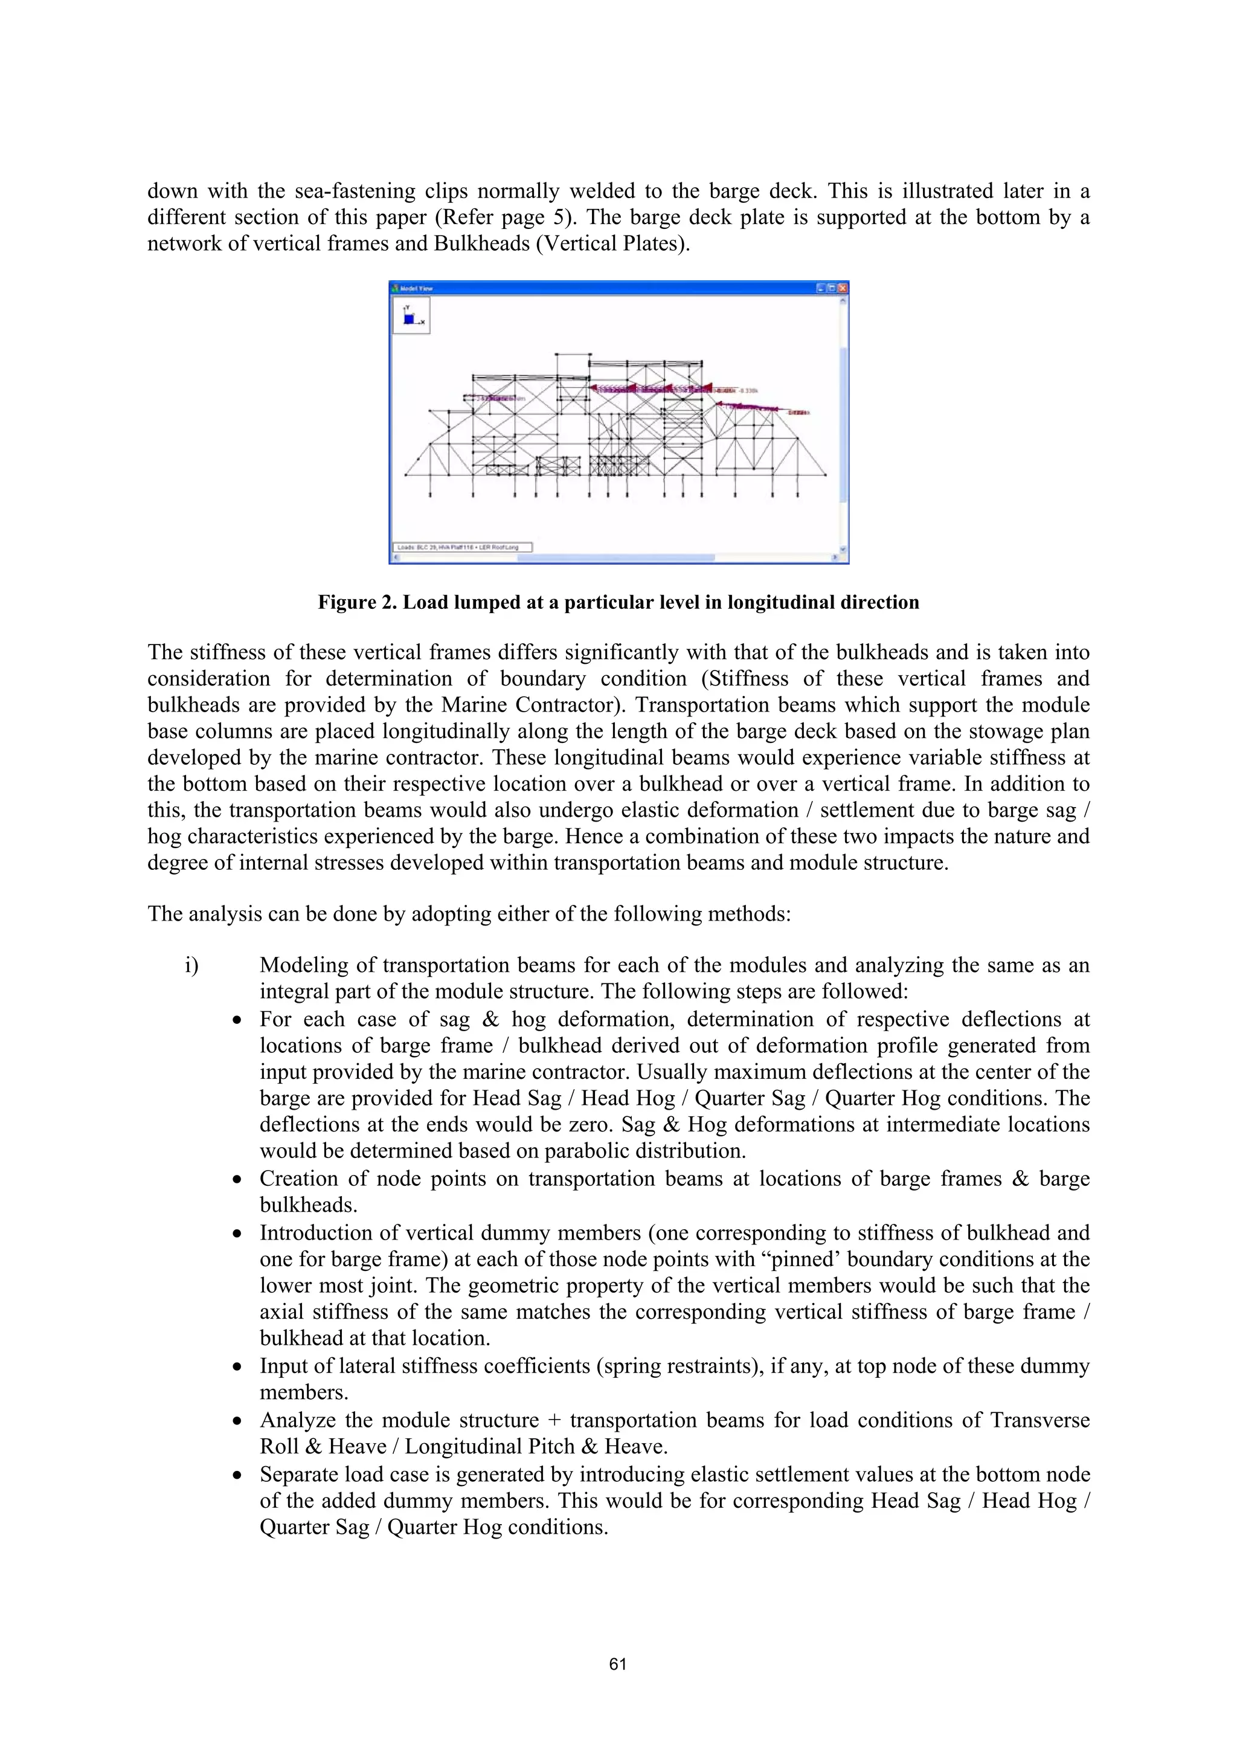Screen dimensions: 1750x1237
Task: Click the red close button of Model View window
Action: [842, 288]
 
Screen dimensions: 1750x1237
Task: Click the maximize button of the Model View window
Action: [832, 288]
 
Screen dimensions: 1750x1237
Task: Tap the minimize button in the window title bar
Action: [821, 288]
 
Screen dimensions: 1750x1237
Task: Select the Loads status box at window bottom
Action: [462, 547]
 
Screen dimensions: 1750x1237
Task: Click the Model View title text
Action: [417, 288]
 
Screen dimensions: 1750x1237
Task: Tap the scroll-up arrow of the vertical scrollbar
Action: [842, 300]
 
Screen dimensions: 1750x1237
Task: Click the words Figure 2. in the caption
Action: [356, 603]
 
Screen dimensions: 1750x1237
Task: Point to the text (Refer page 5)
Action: [507, 217]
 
